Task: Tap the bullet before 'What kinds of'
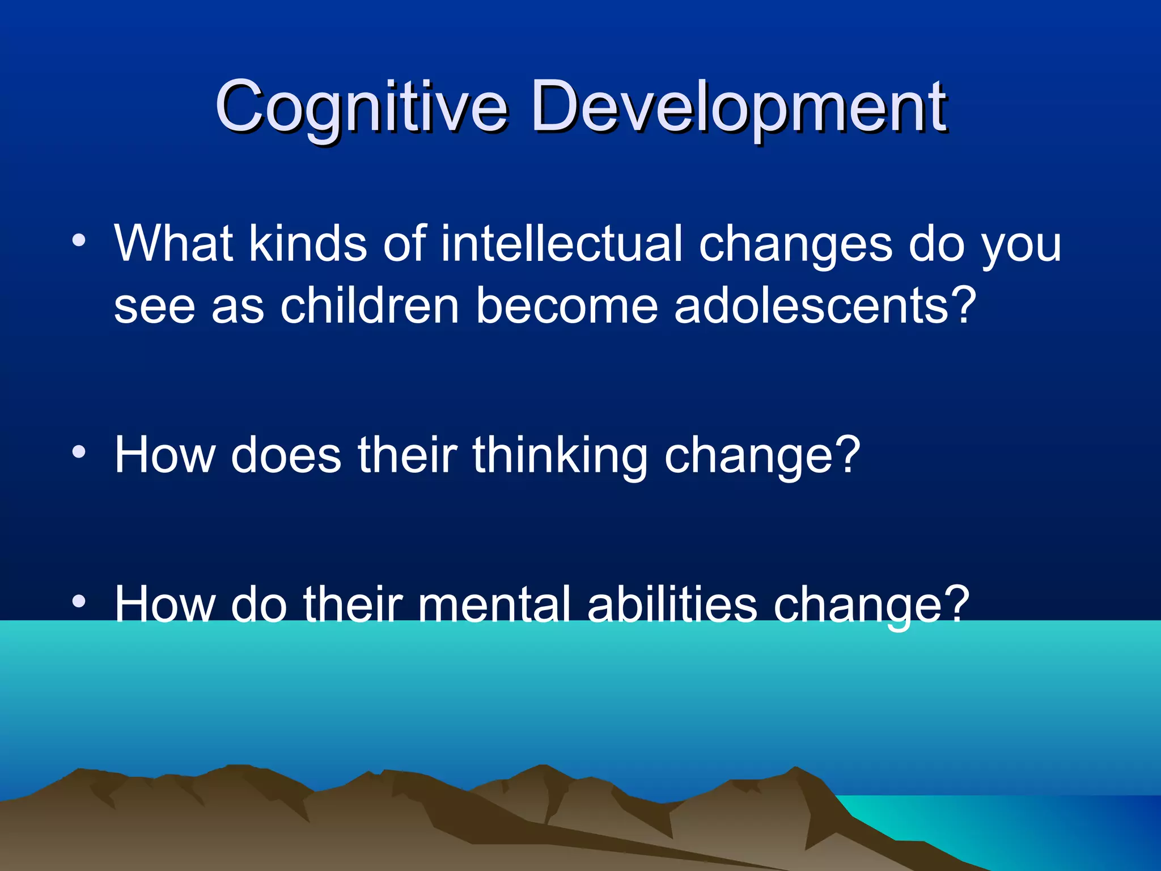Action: tap(79, 240)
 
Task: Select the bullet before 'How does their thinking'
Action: tap(79, 452)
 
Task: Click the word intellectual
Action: tap(561, 244)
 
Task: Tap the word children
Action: tap(369, 306)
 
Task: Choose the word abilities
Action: tap(672, 605)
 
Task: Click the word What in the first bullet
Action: tap(173, 244)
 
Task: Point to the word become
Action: tap(566, 306)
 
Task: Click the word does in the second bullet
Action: tap(286, 455)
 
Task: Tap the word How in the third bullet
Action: tap(164, 605)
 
